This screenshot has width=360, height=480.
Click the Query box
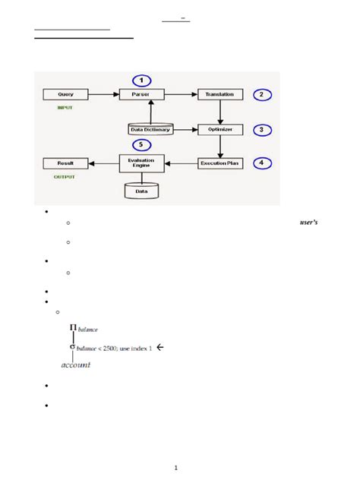65,95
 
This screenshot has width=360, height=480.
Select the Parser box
141,95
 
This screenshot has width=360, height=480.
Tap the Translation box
220,95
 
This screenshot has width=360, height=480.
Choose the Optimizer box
220,130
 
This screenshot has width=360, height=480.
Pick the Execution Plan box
220,163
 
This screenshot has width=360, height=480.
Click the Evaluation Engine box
141,163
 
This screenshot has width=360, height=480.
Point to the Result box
65,163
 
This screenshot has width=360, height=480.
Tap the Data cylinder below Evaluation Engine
141,191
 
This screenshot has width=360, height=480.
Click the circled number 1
141,80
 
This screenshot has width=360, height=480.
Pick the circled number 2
261,95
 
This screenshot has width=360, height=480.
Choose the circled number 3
261,130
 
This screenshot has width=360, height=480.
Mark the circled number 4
261,163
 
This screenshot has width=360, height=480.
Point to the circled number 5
141,144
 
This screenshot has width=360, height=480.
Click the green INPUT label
66,108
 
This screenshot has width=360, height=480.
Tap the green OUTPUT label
65,176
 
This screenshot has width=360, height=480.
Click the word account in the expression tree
75,365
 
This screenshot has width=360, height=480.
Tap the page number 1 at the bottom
176,468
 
